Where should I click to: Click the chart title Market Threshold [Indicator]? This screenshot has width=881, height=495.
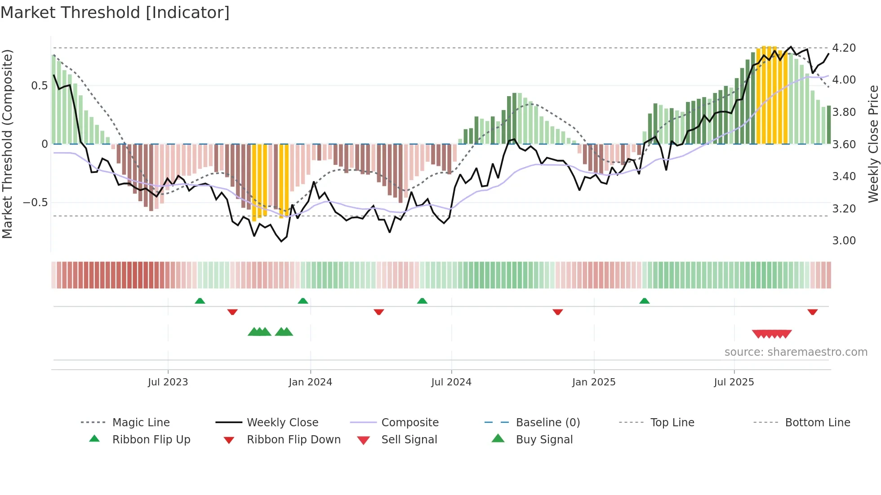(115, 13)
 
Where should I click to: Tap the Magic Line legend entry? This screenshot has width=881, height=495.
(141, 423)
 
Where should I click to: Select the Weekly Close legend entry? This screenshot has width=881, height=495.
(282, 423)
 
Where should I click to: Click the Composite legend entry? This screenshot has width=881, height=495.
(410, 423)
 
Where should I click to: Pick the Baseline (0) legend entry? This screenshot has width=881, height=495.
(547, 423)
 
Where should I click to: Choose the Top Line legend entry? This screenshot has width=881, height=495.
(672, 423)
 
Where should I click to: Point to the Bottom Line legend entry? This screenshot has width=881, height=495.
(817, 423)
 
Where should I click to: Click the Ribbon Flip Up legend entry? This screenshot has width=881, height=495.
(151, 440)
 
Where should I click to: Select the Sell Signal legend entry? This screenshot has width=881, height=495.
(409, 440)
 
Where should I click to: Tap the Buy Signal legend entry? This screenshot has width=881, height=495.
(544, 440)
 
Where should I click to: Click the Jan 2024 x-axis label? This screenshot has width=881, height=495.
(310, 382)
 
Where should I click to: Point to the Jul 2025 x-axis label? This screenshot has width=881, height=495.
(734, 382)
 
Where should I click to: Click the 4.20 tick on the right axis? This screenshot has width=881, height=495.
(844, 48)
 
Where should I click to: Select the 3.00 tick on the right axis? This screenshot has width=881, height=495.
(844, 241)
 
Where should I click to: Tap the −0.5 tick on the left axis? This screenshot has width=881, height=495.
(36, 203)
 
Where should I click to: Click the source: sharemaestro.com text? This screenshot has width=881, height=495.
(796, 352)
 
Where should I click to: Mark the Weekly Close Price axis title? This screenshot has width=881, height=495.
(873, 144)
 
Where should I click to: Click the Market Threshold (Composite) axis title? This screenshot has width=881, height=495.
(7, 144)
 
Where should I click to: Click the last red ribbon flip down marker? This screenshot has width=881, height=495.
(812, 312)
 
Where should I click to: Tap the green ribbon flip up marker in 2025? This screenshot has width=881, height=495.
(644, 301)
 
